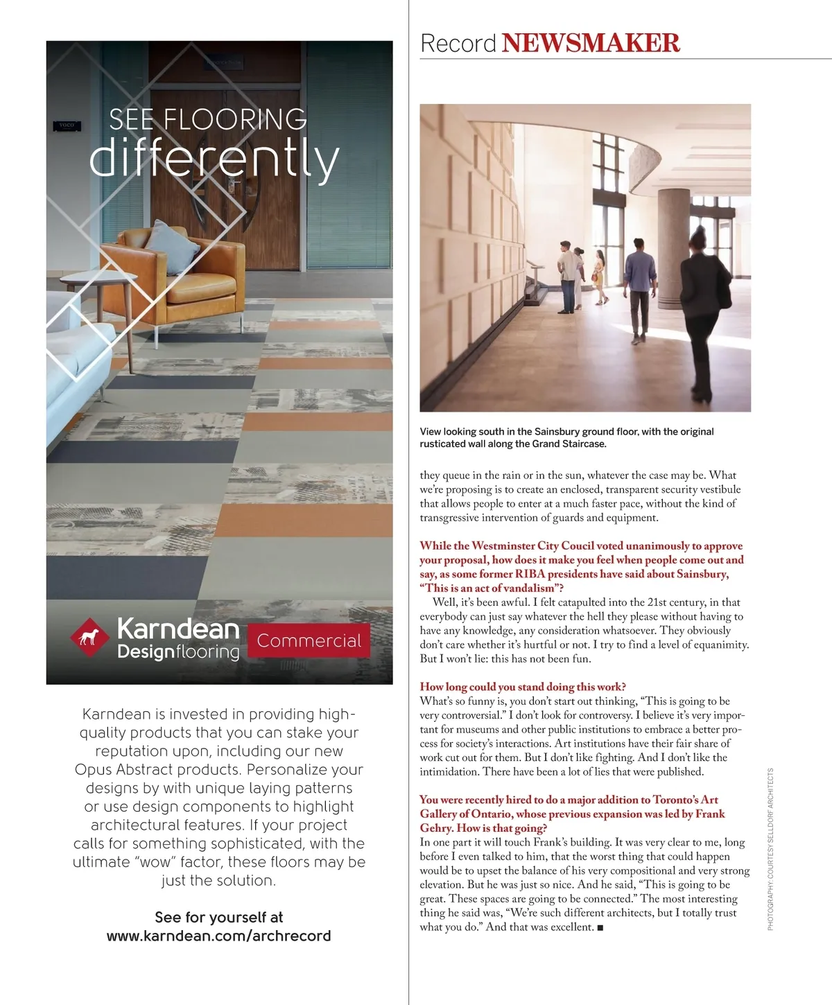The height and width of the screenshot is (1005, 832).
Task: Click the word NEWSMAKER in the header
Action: (591, 43)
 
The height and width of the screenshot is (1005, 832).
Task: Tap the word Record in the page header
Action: (458, 44)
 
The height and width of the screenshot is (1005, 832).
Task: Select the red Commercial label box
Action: (309, 640)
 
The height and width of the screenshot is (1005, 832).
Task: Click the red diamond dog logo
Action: (89, 637)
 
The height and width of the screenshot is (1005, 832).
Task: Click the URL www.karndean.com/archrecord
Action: (218, 936)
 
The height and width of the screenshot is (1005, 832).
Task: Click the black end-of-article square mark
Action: (600, 927)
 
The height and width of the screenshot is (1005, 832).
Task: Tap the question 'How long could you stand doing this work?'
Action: (523, 687)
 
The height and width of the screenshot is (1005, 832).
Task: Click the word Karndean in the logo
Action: (178, 629)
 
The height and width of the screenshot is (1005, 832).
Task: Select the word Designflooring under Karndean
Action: (178, 652)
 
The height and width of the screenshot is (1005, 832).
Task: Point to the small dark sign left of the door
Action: (67, 125)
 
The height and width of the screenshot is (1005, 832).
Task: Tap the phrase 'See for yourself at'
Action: (218, 917)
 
